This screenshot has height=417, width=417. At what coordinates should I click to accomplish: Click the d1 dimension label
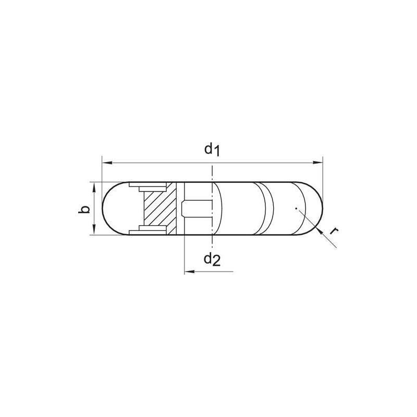[x=212, y=150]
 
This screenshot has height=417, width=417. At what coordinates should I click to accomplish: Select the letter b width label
[x=85, y=209]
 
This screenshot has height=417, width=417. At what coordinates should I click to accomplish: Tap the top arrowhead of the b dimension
[x=93, y=187]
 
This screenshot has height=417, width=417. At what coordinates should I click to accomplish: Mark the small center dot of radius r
[x=295, y=208]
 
